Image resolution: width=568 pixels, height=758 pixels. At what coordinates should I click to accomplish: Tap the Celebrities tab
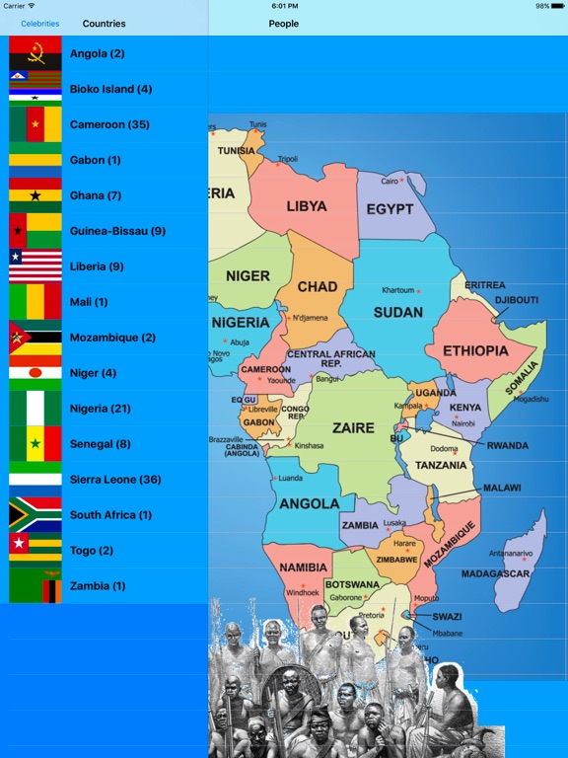(39, 24)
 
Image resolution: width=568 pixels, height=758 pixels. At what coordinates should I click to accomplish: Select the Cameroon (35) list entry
(109, 124)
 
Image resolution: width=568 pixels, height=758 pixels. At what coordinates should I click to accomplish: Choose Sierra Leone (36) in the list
(114, 480)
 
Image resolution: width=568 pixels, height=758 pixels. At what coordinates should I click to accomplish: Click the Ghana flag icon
(35, 195)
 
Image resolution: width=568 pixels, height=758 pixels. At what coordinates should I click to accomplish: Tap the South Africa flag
(35, 515)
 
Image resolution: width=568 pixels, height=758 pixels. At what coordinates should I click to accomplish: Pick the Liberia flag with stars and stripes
(35, 266)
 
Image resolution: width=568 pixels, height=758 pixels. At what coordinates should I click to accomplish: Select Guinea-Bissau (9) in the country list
(117, 231)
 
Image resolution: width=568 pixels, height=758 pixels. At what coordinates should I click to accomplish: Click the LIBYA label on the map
(307, 207)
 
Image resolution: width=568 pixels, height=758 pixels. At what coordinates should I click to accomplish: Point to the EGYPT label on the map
(390, 209)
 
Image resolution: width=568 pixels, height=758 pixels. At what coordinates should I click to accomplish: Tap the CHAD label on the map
(318, 287)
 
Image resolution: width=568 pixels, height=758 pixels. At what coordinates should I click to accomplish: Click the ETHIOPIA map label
(475, 350)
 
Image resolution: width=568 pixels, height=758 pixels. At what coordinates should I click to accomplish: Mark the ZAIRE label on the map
(353, 428)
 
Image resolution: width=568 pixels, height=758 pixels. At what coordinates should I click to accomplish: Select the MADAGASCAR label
(495, 573)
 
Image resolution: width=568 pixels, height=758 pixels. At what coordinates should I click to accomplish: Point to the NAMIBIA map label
(304, 568)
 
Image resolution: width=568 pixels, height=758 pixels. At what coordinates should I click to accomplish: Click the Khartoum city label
(398, 290)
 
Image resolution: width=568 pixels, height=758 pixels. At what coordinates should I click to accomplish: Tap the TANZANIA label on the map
(441, 465)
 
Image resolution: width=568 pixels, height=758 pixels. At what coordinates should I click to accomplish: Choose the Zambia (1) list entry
(98, 586)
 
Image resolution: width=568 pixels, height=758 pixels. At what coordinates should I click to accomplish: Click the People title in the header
(284, 24)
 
